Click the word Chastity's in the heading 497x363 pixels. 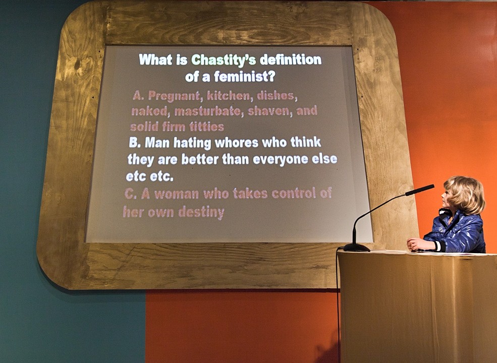(224, 60)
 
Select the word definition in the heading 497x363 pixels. (291, 59)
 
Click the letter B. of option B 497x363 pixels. (135, 143)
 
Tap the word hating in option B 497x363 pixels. (192, 143)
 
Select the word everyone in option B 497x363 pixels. (280, 159)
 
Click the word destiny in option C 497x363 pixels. (201, 212)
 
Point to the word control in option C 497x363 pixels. (294, 193)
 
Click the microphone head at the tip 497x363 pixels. (420, 190)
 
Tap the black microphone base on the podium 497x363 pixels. (357, 247)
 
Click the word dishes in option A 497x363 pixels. (277, 96)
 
